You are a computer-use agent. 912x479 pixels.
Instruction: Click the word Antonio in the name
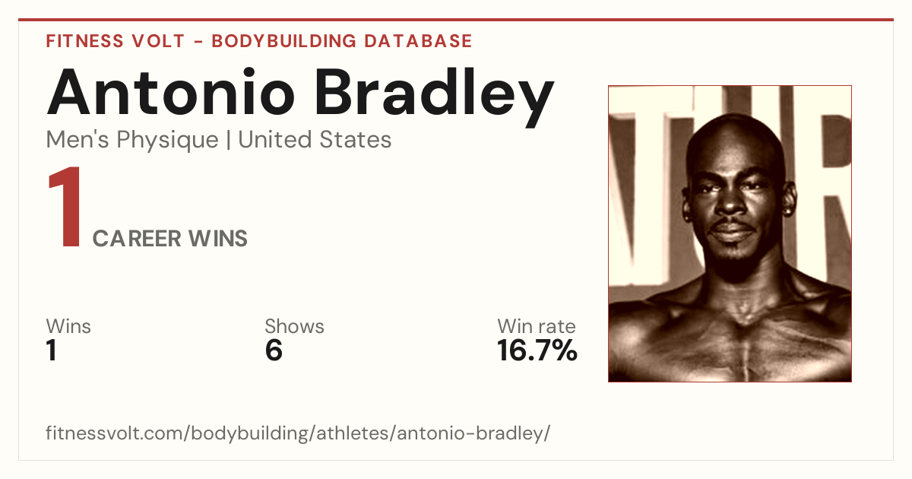pos(170,92)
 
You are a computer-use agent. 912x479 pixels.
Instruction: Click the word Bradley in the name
pos(435,98)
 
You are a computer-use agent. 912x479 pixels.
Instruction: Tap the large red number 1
pos(65,206)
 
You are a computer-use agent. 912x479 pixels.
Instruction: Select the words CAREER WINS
pos(169,238)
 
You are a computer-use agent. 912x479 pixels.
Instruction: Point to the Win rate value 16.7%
pos(537,351)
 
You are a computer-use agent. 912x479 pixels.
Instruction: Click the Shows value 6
pos(274,351)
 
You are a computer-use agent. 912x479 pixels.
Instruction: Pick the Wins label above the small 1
pos(68,326)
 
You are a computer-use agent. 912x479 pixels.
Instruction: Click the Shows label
pos(294,326)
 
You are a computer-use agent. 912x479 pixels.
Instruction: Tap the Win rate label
pos(537,326)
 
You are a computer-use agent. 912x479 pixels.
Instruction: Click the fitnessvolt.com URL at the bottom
pos(298,433)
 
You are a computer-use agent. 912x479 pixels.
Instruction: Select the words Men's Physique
pos(132,140)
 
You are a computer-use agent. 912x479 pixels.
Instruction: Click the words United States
pos(315,139)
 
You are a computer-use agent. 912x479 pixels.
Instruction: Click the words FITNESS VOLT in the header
pos(116,41)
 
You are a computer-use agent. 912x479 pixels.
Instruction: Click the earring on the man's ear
pos(790,212)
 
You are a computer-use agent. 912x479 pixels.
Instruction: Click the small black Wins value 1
pos(52,351)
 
